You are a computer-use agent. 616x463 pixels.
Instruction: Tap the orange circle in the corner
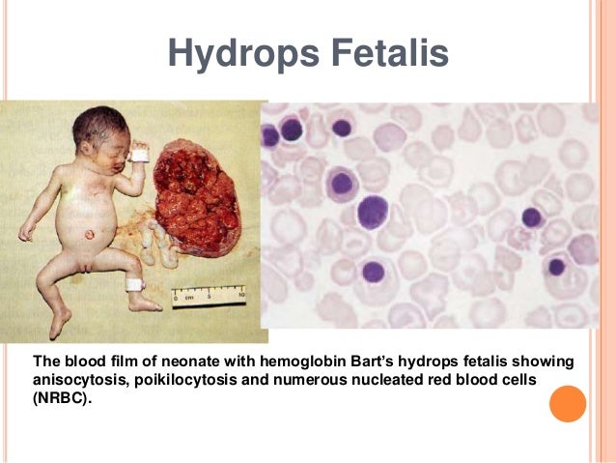[x=567, y=404]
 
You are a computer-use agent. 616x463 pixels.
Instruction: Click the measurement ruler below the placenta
[x=209, y=294]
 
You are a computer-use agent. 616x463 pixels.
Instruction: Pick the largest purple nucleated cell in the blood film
[x=372, y=212]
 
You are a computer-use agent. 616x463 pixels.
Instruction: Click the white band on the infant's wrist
[x=139, y=154]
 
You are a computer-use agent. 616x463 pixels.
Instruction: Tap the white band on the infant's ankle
[x=133, y=283]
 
